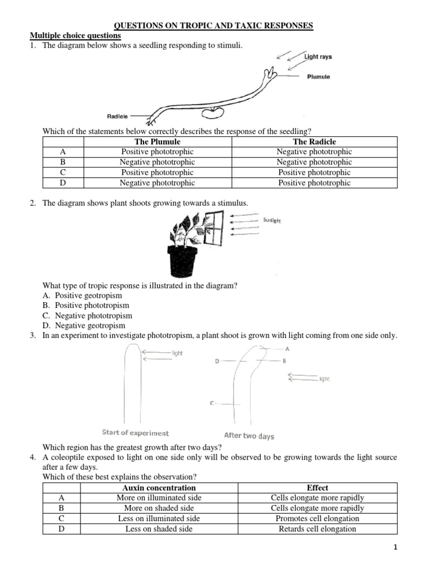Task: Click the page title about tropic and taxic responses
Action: (x=214, y=26)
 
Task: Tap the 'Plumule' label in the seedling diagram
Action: (x=318, y=77)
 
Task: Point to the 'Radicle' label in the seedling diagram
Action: (x=117, y=116)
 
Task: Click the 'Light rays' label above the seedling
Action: (x=318, y=57)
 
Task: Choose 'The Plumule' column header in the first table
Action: (x=158, y=142)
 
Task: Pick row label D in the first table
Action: (x=63, y=183)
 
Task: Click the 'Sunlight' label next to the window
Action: (x=271, y=221)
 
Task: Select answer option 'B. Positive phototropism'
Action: (x=85, y=306)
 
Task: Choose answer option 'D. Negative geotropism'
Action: (x=84, y=326)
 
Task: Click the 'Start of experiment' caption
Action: (x=135, y=432)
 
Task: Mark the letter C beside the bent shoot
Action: (x=213, y=403)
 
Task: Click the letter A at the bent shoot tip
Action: (x=287, y=349)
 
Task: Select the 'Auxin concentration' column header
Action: (x=159, y=488)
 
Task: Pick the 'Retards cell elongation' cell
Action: (x=317, y=528)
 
